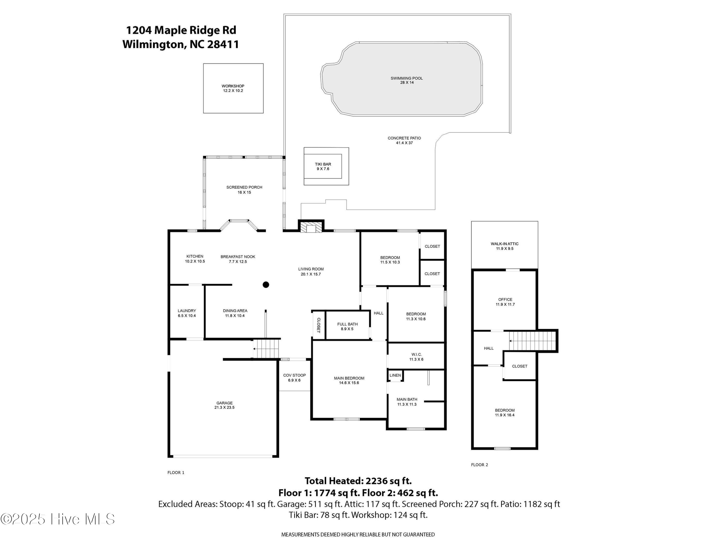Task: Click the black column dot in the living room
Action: pyautogui.click(x=266, y=285)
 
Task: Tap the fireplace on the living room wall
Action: pyautogui.click(x=311, y=227)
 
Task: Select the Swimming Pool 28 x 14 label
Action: pyautogui.click(x=407, y=80)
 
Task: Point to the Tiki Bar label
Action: pyautogui.click(x=323, y=167)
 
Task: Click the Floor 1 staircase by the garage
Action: pyautogui.click(x=267, y=349)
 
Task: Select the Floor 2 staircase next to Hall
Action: pyautogui.click(x=533, y=341)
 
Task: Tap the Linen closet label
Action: pyautogui.click(x=395, y=375)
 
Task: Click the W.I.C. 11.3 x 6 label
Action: pyautogui.click(x=416, y=357)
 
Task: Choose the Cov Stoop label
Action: pyautogui.click(x=295, y=378)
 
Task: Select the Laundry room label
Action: pyautogui.click(x=187, y=313)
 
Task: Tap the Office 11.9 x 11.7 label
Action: pyautogui.click(x=505, y=302)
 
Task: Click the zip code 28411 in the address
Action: pyautogui.click(x=223, y=44)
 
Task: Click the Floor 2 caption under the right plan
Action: pyautogui.click(x=479, y=465)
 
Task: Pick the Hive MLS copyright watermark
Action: pyautogui.click(x=58, y=519)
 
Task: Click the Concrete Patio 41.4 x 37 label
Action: pyautogui.click(x=404, y=140)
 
